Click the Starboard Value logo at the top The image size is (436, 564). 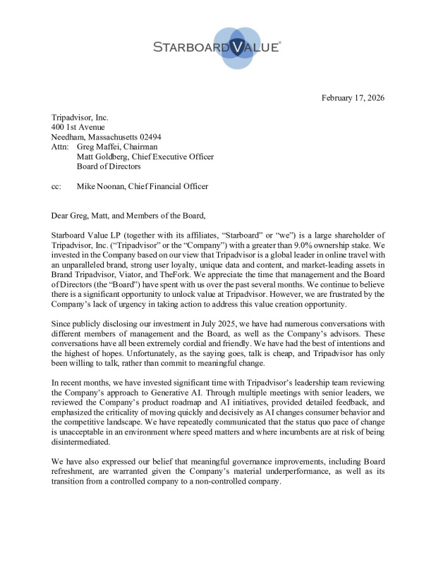tap(217, 48)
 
